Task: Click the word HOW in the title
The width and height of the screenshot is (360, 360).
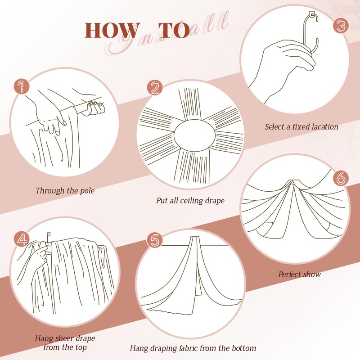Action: click(112, 30)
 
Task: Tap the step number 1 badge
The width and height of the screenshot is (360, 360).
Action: click(20, 86)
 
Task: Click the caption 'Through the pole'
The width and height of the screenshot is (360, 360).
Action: click(65, 190)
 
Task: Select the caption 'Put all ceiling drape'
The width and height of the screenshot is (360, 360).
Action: click(190, 200)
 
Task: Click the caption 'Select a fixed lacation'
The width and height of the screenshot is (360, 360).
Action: click(301, 127)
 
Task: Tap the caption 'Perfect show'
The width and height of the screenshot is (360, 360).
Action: click(299, 274)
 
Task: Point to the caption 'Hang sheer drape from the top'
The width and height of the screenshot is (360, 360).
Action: click(65, 342)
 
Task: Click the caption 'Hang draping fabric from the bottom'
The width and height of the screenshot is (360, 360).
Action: click(193, 348)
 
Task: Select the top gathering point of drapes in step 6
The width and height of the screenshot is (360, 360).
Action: click(293, 182)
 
